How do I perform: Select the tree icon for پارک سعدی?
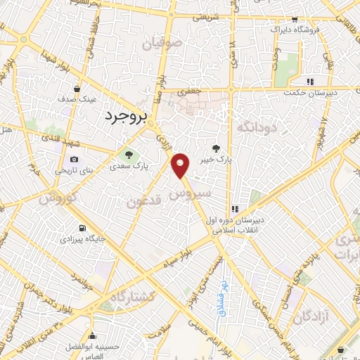click(128, 155)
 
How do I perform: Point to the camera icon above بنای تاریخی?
click(74, 160)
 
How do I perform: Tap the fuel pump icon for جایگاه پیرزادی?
click(84, 229)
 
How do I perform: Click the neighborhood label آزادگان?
click(308, 316)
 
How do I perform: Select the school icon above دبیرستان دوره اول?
click(234, 209)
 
